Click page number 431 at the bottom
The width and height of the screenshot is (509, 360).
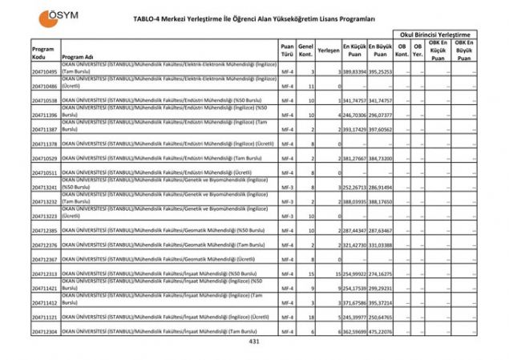coord(254,342)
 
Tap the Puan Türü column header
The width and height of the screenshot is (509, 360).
coord(287,51)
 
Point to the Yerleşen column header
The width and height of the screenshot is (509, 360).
coord(327,51)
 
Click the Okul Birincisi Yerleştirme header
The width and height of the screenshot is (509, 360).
coord(438,34)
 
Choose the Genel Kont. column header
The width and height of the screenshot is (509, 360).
coord(305,51)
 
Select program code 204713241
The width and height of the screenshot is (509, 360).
coord(45,188)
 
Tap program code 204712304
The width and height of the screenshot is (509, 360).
coord(45,331)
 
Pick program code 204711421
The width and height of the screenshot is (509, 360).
coord(45,288)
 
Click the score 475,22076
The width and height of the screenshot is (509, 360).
coord(381,331)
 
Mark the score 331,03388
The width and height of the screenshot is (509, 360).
coord(381,245)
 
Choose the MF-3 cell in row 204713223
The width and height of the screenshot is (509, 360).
coord(287,216)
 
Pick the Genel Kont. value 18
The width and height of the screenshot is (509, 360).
coord(310,317)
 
